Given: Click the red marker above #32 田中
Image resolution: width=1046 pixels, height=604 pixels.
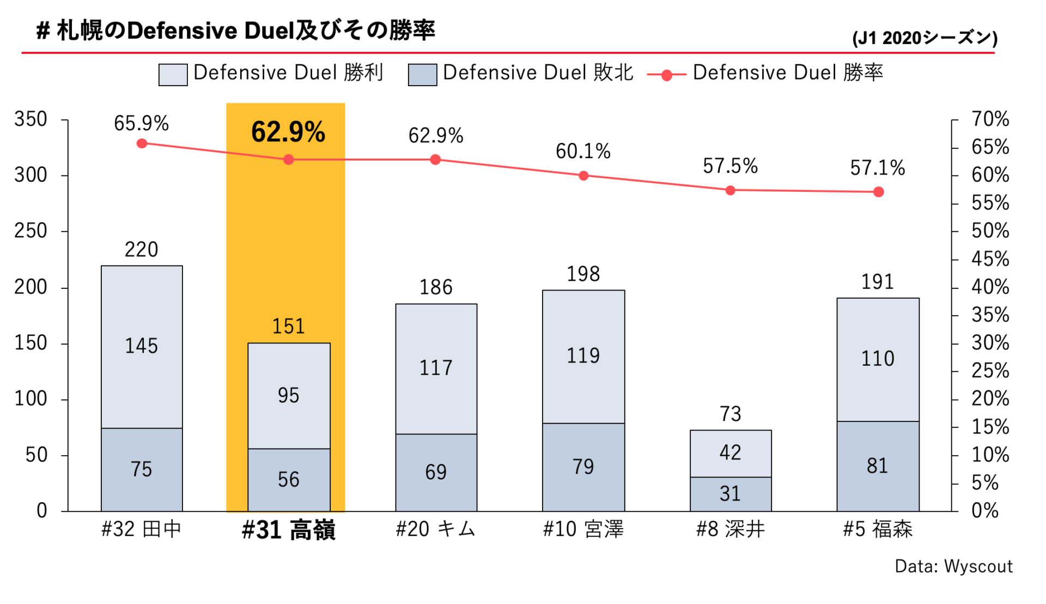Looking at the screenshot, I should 142,143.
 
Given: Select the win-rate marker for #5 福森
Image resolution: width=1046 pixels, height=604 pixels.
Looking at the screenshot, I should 878,192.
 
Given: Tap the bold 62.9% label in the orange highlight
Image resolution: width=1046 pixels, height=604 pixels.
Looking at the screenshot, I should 288,132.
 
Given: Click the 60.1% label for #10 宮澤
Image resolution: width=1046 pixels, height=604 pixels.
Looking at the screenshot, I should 583,152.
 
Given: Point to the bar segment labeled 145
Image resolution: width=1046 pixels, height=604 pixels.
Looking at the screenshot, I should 142,347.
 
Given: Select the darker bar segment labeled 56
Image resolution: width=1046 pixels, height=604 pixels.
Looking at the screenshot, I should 289,480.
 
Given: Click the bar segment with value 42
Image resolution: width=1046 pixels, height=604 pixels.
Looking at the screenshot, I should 731,453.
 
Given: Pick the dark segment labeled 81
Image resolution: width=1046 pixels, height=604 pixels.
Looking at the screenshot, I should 878,466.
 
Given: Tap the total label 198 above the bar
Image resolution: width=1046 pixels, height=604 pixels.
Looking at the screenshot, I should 583,274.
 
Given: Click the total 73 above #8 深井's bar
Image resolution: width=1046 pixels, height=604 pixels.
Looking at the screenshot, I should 731,414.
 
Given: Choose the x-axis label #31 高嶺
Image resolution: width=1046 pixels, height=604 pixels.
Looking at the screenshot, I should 288,530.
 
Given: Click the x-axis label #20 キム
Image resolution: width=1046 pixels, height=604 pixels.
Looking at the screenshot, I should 435,529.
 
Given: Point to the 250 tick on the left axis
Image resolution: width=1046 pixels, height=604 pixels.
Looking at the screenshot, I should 31,231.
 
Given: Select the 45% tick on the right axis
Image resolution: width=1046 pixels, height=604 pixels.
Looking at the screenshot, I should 990,259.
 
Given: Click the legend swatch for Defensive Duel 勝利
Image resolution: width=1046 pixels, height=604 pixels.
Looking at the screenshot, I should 173,75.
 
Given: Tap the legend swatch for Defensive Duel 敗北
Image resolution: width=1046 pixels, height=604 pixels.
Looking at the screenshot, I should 422,75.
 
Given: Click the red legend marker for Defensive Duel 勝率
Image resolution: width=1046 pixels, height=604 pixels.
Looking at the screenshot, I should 666,75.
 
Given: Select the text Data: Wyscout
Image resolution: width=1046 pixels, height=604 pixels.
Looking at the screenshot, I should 953,566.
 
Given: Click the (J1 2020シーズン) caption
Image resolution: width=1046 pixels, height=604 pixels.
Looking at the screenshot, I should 925,38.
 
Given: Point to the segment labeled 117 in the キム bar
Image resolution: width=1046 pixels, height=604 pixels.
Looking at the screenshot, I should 436,369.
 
